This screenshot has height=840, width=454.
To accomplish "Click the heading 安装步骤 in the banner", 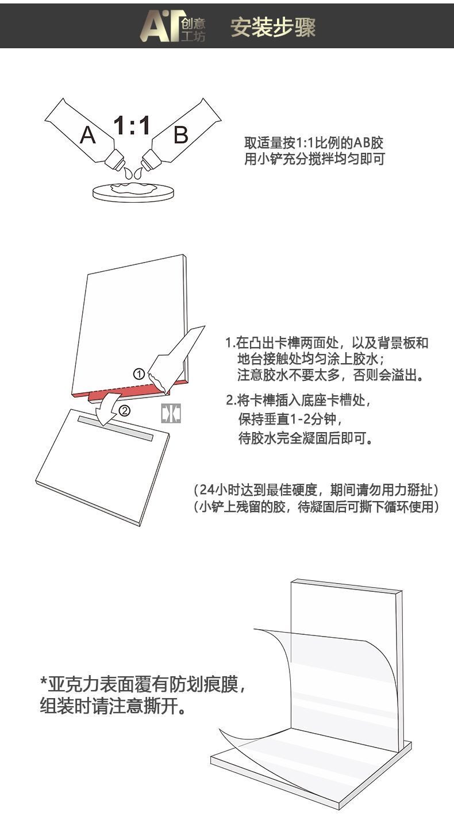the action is pyautogui.click(x=273, y=27).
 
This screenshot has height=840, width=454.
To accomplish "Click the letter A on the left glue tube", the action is pyautogui.click(x=88, y=135).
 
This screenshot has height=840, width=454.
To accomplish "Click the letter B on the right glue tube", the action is pyautogui.click(x=181, y=134).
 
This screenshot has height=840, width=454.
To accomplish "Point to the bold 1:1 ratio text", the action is pyautogui.click(x=132, y=125).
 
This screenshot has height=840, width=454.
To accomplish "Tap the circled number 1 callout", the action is pyautogui.click(x=139, y=374).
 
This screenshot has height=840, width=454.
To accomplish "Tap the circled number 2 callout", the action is pyautogui.click(x=124, y=411).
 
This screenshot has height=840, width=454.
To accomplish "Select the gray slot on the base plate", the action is pyautogui.click(x=116, y=428).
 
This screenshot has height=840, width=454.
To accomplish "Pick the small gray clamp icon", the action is pyautogui.click(x=171, y=414).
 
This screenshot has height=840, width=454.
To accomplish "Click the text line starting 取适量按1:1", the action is pyautogui.click(x=314, y=143).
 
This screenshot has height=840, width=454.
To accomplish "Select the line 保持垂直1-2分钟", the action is pyautogui.click(x=290, y=419).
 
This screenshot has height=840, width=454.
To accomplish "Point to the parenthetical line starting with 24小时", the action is pyautogui.click(x=316, y=490).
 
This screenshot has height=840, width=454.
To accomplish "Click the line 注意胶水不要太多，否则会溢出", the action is pyautogui.click(x=330, y=375).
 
